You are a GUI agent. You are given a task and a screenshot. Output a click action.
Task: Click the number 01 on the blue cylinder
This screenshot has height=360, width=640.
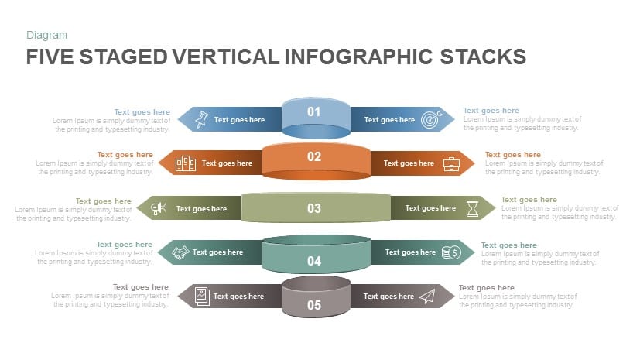[313, 111]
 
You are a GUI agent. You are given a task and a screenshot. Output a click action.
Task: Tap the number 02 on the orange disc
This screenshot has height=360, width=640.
[313, 156]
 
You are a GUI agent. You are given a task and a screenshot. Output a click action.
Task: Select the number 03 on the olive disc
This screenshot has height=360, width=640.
[313, 208]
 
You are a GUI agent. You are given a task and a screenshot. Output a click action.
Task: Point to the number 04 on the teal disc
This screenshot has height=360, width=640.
[313, 261]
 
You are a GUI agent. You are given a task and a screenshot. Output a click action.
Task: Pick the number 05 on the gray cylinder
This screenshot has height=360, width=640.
[313, 305]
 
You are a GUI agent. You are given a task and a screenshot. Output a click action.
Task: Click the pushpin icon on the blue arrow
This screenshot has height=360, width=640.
[201, 119]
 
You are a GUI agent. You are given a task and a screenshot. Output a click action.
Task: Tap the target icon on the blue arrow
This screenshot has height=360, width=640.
[430, 120]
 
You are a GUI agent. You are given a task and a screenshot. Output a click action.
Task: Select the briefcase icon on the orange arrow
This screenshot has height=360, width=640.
[450, 163]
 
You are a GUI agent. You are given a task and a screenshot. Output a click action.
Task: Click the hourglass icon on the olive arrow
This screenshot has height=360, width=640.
[471, 208]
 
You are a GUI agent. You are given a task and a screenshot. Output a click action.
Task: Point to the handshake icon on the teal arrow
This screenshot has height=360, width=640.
[180, 252]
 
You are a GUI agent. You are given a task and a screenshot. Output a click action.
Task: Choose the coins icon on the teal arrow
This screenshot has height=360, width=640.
[450, 252]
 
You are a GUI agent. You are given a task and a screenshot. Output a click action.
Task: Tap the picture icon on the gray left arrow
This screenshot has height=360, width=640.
[201, 296]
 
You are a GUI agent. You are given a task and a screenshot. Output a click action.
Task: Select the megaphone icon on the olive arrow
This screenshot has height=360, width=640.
[159, 208]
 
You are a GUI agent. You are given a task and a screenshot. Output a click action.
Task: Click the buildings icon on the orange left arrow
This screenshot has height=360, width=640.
[185, 163]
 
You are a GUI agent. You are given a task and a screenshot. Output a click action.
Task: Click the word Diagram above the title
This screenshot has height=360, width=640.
[46, 35]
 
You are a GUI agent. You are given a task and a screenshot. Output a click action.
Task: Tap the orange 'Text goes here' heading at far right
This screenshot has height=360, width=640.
[512, 155]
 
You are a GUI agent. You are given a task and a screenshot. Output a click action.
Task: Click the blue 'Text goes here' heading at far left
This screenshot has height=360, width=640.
[142, 111]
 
